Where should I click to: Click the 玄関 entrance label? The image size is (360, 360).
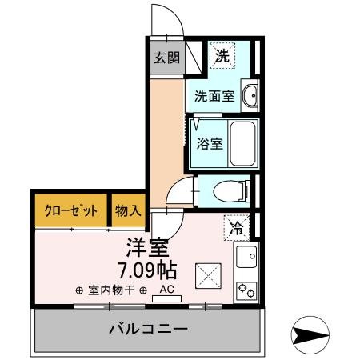[x=166, y=58]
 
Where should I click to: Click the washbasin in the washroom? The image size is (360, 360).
[x=250, y=96]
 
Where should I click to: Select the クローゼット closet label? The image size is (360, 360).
[x=70, y=210]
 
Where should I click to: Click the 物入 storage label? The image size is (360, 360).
[x=128, y=210]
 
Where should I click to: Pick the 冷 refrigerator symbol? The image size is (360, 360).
[x=237, y=227]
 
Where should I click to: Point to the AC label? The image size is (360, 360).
[x=167, y=289]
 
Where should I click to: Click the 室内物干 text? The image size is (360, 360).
[x=111, y=290]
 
